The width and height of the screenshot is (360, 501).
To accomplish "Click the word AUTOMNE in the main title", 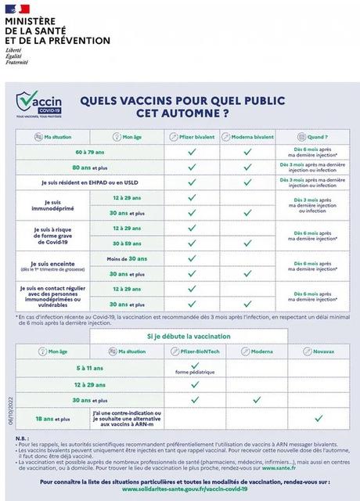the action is [x=180, y=113].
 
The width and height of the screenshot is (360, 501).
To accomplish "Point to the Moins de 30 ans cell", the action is [x=126, y=258].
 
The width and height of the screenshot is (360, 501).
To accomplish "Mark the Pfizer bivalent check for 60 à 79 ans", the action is [x=192, y=151].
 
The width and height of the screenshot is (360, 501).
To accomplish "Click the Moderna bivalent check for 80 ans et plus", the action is [x=247, y=167].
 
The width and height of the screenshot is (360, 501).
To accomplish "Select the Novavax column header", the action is [x=319, y=351].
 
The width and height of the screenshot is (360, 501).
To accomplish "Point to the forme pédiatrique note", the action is [x=192, y=373].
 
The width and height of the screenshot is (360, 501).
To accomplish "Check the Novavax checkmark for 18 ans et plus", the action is [x=319, y=418].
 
